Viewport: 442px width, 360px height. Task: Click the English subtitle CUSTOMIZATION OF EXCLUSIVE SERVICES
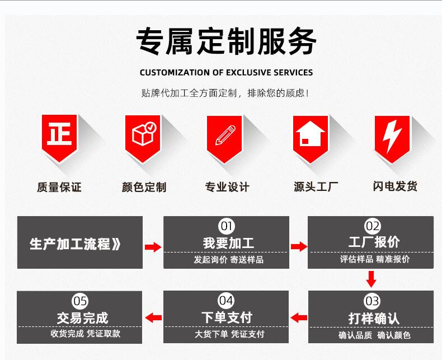coord(226,72)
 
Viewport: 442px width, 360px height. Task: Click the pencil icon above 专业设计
coord(225,135)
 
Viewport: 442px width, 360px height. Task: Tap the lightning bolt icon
coord(392,135)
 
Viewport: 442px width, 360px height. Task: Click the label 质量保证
coord(59,187)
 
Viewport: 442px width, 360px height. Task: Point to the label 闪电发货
coord(395,186)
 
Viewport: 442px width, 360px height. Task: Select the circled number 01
coord(227,226)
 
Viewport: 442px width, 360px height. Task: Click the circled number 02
coord(372,226)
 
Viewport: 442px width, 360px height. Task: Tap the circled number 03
coord(372,302)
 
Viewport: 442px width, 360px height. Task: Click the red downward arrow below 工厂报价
coord(371,278)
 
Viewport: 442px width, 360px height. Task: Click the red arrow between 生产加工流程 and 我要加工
coord(153,247)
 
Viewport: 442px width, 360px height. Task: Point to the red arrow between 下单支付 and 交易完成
coord(153,318)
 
